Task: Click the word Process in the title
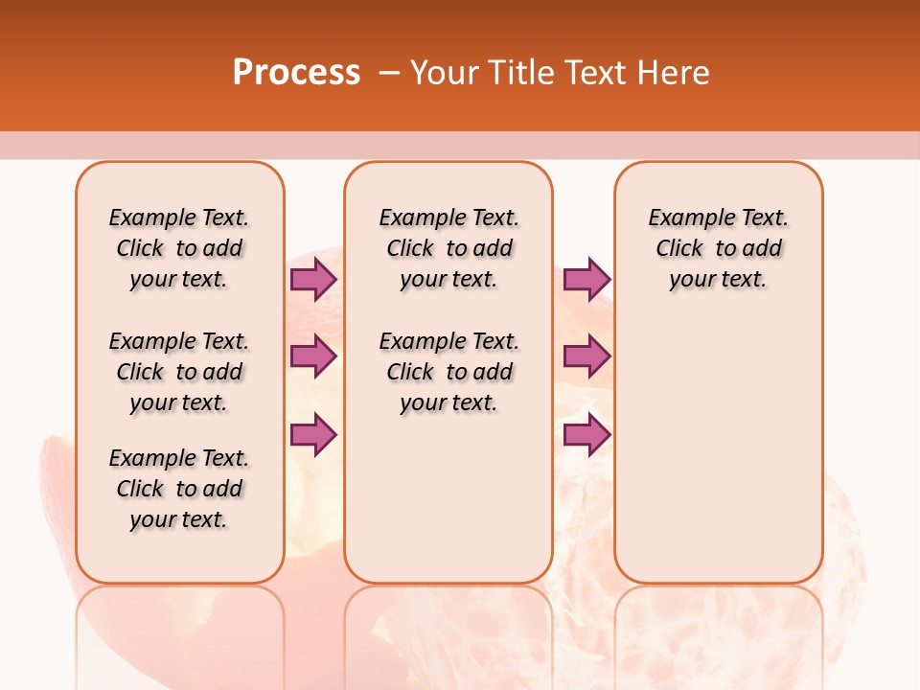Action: pyautogui.click(x=296, y=73)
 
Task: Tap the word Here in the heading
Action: pyautogui.click(x=674, y=73)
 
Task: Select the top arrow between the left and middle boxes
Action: pyautogui.click(x=313, y=279)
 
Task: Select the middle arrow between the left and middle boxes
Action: pyautogui.click(x=313, y=356)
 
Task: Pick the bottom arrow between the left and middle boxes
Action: pyautogui.click(x=313, y=434)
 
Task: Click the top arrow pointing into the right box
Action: pyautogui.click(x=586, y=279)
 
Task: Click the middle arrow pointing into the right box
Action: pyautogui.click(x=586, y=356)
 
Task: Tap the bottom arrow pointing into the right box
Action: pyautogui.click(x=586, y=434)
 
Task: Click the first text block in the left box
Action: pyautogui.click(x=179, y=248)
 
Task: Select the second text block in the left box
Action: pyautogui.click(x=179, y=372)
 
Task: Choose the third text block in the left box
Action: pyautogui.click(x=179, y=489)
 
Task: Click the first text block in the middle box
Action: pyautogui.click(x=448, y=248)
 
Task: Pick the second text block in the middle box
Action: pyautogui.click(x=448, y=372)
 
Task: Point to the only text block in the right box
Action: pyautogui.click(x=718, y=248)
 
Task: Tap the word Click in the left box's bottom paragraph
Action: pyautogui.click(x=140, y=489)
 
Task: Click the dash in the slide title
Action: pyautogui.click(x=389, y=73)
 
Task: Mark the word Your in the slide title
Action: pyautogui.click(x=445, y=73)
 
